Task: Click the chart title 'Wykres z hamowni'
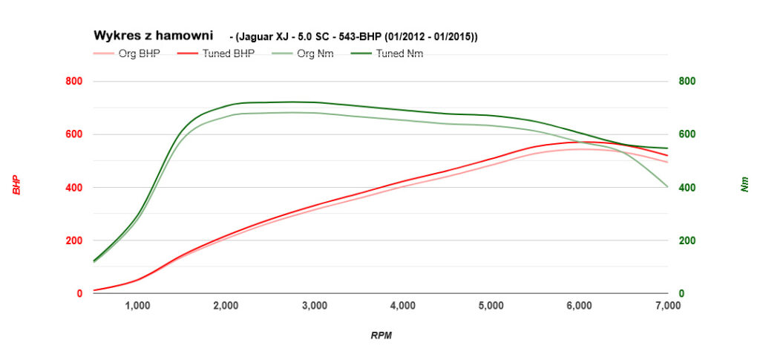pyautogui.click(x=153, y=35)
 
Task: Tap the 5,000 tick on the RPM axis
pyautogui.click(x=491, y=305)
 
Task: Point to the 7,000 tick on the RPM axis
pyautogui.click(x=668, y=305)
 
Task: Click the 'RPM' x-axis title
pyautogui.click(x=381, y=336)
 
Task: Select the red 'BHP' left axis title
pyautogui.click(x=16, y=185)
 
